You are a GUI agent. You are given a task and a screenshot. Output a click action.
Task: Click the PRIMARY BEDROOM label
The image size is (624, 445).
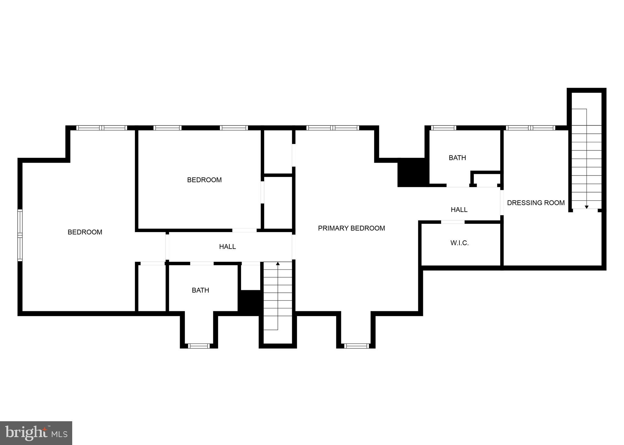[351, 228]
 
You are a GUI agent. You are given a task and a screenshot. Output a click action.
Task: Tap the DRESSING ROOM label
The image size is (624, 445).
[536, 203]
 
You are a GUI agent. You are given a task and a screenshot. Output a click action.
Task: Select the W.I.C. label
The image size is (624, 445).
[459, 243]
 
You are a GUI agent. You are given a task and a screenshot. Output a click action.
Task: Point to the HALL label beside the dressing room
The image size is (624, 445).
[459, 210]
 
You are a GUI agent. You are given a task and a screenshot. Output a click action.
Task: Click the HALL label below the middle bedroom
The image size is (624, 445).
[227, 247]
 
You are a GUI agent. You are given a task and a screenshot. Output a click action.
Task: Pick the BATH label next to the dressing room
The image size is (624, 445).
[457, 158]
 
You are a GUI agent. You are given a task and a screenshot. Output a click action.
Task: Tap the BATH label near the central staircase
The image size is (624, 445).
[200, 290]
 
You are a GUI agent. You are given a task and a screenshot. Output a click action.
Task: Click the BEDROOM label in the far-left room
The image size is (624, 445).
[85, 232]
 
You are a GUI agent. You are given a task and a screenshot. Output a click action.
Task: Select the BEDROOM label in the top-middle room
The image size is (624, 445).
[204, 180]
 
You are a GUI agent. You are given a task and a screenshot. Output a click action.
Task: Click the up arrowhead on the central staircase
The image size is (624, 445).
[278, 263]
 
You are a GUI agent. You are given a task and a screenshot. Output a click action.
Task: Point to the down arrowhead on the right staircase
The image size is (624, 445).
[587, 207]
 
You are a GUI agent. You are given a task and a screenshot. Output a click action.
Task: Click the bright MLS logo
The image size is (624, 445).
[36, 433]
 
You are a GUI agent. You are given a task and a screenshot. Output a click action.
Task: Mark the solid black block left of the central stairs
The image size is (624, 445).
[250, 302]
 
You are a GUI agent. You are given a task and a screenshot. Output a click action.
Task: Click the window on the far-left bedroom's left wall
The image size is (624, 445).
[20, 235]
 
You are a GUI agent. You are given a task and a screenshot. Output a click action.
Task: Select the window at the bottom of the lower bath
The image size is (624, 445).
[199, 346]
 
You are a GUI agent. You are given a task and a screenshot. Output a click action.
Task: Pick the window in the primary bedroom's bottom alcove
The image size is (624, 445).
[356, 346]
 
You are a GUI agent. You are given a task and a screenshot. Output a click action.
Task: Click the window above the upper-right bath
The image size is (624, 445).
[444, 128]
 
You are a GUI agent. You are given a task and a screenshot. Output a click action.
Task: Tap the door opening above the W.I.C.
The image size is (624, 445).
[453, 222]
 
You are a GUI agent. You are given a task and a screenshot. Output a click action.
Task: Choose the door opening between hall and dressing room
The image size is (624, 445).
[502, 203]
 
